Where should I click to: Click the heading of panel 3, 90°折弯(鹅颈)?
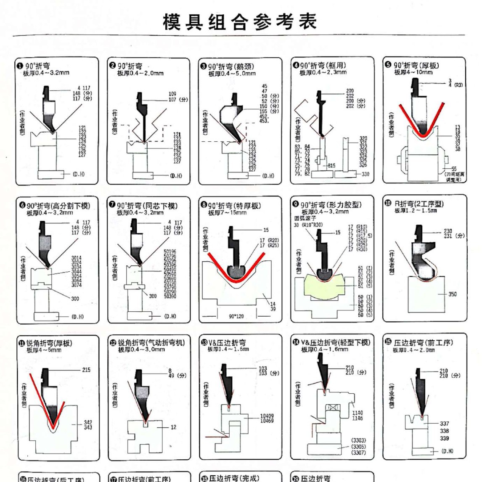[x=231, y=66]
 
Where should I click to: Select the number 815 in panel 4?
[x=331, y=166]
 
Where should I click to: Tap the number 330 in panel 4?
[x=365, y=174]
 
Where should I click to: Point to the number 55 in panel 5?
[x=453, y=169]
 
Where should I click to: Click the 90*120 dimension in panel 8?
[x=236, y=316]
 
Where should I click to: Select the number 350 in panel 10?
[x=452, y=294]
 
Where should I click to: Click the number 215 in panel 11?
[x=86, y=370]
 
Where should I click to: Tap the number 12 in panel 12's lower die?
[x=173, y=427]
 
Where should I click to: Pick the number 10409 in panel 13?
[x=267, y=416]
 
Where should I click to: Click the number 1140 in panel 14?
[x=357, y=413]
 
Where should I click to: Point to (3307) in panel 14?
[x=358, y=453]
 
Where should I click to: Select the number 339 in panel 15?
[x=444, y=438]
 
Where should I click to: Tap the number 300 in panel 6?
[x=75, y=299]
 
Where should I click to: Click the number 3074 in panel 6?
[x=76, y=285]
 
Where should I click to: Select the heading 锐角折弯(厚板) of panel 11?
[x=49, y=343]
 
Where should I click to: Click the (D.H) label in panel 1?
[x=78, y=174]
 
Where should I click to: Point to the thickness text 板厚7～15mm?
[x=227, y=213]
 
